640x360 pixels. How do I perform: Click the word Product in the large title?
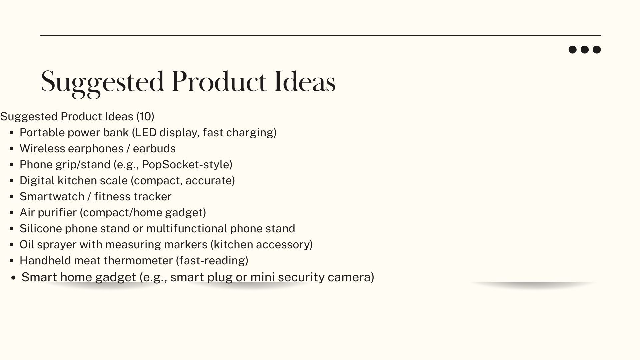click(x=219, y=82)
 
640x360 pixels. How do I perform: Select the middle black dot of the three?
click(x=585, y=50)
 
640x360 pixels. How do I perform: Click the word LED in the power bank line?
click(x=144, y=133)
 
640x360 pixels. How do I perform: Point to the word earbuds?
click(x=154, y=148)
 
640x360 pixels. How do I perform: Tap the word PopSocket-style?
click(x=187, y=165)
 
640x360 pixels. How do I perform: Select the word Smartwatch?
click(x=52, y=196)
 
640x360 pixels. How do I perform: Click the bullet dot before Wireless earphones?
click(x=12, y=149)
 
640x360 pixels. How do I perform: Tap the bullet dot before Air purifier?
click(x=12, y=213)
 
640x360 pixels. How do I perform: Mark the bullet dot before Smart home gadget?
click(x=13, y=277)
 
